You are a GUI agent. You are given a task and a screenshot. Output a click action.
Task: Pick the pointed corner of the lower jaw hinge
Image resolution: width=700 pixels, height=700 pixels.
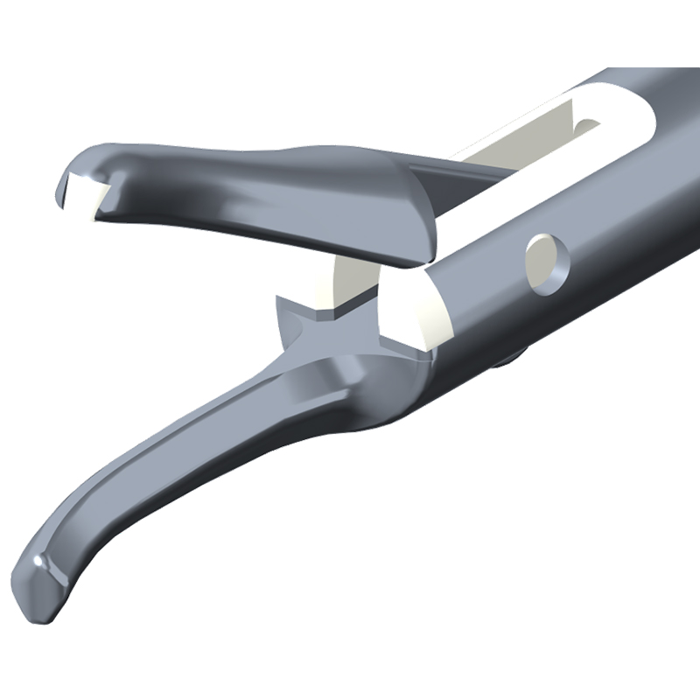click(281, 302)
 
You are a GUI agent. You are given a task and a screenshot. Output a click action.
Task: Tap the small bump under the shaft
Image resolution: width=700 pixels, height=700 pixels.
click(516, 355)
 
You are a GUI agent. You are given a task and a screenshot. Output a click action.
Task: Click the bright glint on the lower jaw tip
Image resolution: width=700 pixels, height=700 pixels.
click(38, 558)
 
